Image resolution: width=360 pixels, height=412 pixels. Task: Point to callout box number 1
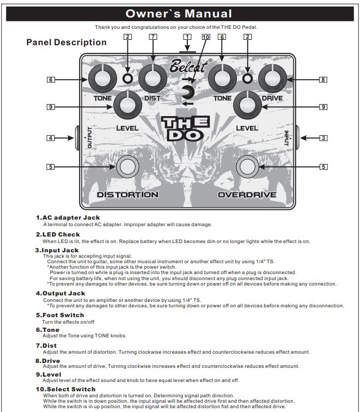pos(187,37)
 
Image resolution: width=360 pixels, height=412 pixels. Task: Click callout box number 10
pos(205,37)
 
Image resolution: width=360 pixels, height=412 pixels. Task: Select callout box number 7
pos(152,37)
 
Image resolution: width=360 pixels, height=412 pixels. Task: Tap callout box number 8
pos(324,80)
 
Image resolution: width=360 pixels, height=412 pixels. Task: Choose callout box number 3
pos(324,138)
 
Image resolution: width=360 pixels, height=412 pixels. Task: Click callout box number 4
pos(51,138)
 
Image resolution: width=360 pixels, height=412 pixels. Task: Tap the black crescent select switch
pos(188,92)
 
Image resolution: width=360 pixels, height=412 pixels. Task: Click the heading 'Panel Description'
pos(66,43)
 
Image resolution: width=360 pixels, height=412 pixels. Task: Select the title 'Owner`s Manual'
pos(179,14)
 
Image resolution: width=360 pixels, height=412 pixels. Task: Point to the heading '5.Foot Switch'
pos(60,315)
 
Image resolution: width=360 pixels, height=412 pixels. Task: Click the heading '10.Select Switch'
pos(65,389)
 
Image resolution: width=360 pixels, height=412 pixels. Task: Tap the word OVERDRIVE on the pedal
pos(247,195)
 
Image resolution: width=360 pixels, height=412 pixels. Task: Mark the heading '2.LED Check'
pos(58,234)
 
